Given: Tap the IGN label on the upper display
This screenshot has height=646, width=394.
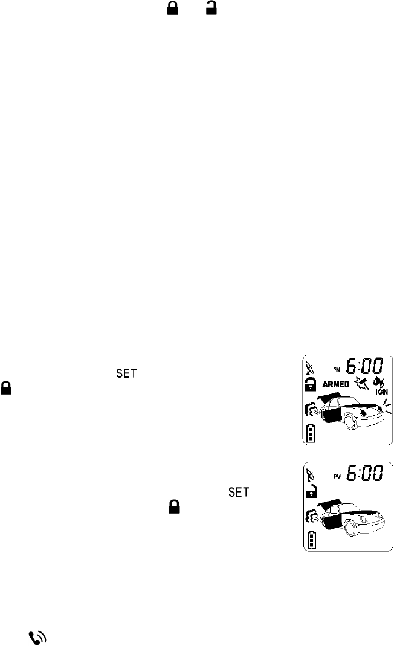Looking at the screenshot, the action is (381, 390).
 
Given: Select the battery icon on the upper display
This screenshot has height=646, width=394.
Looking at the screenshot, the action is (311, 434).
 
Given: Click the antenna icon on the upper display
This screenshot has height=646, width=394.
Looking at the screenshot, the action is (310, 365).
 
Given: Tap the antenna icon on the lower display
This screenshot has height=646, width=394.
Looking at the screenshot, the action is (310, 473).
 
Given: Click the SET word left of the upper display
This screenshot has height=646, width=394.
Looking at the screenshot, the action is (121, 375).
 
